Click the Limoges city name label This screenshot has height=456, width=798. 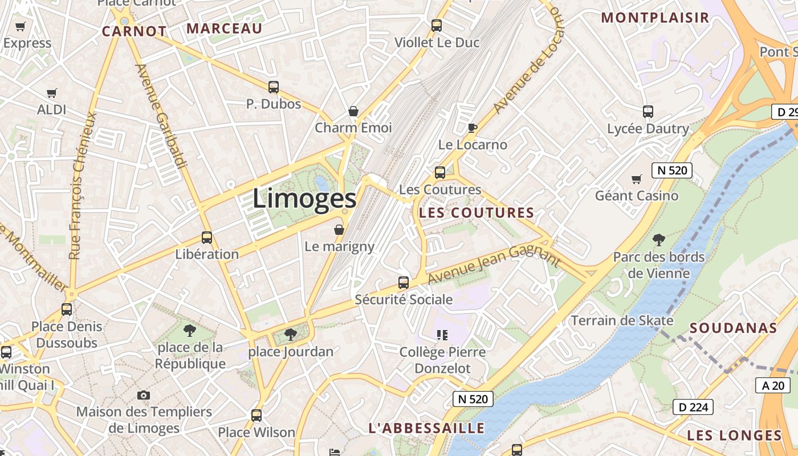304,198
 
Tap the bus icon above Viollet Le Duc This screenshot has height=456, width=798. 437,26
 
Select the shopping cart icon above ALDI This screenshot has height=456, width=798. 52,93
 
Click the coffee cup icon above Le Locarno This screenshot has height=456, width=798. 472,128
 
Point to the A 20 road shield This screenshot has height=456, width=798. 773,385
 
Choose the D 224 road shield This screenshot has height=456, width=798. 693,406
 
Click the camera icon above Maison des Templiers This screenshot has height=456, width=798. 144,395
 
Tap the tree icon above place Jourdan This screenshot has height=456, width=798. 291,335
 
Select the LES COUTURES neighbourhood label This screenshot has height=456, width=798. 477,213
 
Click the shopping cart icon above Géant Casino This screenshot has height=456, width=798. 637,180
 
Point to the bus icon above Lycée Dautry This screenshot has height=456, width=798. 648,112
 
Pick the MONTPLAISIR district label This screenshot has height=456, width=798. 655,18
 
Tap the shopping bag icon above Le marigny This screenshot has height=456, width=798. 339,230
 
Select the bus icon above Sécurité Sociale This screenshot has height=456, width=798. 404,283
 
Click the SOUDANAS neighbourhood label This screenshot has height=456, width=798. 734,328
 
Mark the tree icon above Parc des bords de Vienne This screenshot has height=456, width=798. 659,240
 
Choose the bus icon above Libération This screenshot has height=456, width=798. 207,238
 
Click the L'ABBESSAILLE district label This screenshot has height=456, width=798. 426,428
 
